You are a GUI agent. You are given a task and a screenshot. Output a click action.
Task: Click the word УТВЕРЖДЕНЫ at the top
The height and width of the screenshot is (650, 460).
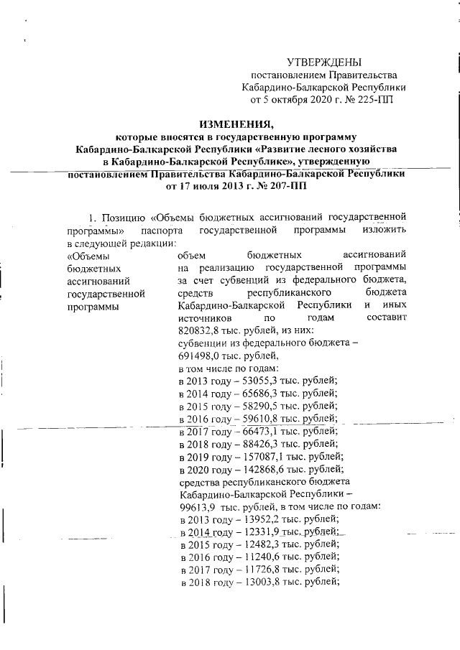pyautogui.click(x=324, y=62)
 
